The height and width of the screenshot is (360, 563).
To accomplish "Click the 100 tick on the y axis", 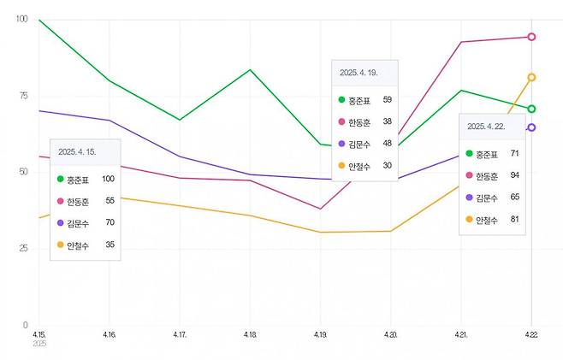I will click(x=21, y=19).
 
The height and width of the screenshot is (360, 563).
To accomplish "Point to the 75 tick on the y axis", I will click(x=22, y=96).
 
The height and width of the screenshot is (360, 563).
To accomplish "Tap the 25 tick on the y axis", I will click(x=22, y=248).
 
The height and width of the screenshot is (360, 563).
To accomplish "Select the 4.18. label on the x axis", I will click(x=250, y=333).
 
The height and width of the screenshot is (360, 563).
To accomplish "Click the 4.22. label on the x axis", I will click(x=531, y=333).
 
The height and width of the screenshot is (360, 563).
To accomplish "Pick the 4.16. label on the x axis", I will click(x=110, y=333).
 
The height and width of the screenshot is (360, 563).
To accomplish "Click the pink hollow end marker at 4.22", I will click(x=531, y=37).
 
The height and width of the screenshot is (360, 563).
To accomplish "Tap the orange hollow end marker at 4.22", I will click(x=531, y=77).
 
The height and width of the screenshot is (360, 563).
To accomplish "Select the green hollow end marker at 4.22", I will click(x=531, y=109).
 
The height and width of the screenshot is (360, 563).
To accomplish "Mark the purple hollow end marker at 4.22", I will click(x=531, y=127).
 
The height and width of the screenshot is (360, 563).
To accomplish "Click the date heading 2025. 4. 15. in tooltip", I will click(x=77, y=151).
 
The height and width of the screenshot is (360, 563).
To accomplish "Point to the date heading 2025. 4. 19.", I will click(x=359, y=73).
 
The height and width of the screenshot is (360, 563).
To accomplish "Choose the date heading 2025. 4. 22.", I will click(x=486, y=126).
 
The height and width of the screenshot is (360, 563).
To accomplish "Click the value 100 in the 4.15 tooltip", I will click(x=108, y=179).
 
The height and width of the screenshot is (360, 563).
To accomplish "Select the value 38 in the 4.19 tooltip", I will click(x=387, y=121).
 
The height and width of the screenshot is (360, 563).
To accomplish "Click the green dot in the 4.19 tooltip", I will click(x=342, y=100).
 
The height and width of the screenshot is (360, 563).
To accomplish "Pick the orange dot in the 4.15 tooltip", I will click(x=60, y=245).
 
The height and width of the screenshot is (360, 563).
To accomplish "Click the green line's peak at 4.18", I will click(x=250, y=69).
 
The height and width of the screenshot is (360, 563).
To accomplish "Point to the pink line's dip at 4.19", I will click(x=320, y=209).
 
